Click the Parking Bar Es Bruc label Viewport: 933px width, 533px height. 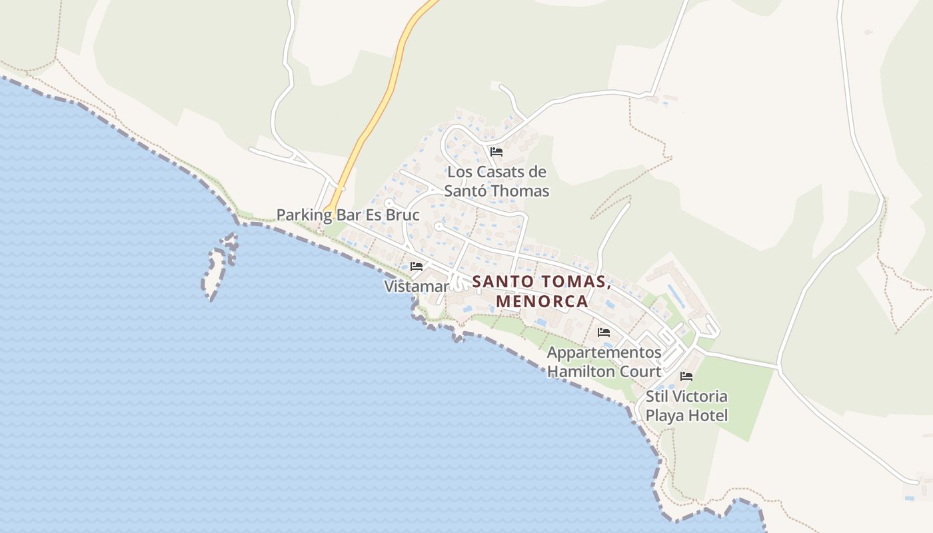pyautogui.click(x=348, y=215)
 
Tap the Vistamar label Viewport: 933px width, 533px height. pyautogui.click(x=417, y=286)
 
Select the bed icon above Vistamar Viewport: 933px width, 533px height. pyautogui.click(x=417, y=266)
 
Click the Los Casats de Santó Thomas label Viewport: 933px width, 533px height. pyautogui.click(x=497, y=181)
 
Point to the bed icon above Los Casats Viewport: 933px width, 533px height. pyautogui.click(x=496, y=152)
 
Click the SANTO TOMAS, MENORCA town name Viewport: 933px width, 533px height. pyautogui.click(x=542, y=291)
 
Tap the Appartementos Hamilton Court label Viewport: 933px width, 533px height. pyautogui.click(x=604, y=362)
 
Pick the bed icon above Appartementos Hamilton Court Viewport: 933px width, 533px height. pyautogui.click(x=604, y=332)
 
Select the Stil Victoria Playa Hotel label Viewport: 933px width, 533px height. pyautogui.click(x=686, y=406)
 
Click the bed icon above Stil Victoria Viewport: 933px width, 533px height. pyautogui.click(x=686, y=376)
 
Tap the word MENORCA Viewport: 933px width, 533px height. pyautogui.click(x=542, y=300)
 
